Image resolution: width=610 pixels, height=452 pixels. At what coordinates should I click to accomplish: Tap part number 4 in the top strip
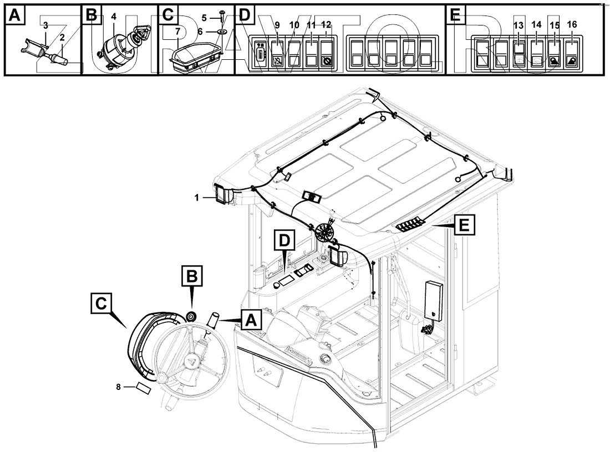[x=114, y=16]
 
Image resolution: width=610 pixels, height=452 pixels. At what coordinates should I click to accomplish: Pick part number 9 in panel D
[x=278, y=25]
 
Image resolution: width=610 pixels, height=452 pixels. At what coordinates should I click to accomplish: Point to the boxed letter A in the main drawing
[x=250, y=320]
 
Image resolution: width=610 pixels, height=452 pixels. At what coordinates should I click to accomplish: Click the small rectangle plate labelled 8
[x=143, y=388]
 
